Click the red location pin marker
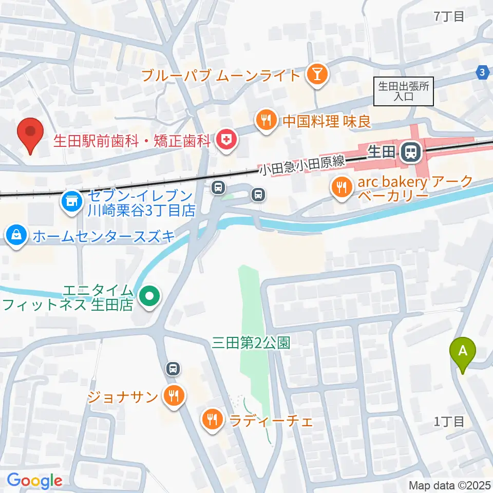(30, 134)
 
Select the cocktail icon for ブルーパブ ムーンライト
(315, 75)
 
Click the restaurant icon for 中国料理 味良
(266, 121)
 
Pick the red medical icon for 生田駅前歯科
(225, 139)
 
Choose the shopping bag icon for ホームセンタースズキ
(17, 236)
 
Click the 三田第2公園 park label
(251, 343)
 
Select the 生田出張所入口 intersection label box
(403, 91)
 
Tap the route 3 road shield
(482, 73)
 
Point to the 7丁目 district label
(449, 16)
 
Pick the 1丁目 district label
(449, 422)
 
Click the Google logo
(34, 481)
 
